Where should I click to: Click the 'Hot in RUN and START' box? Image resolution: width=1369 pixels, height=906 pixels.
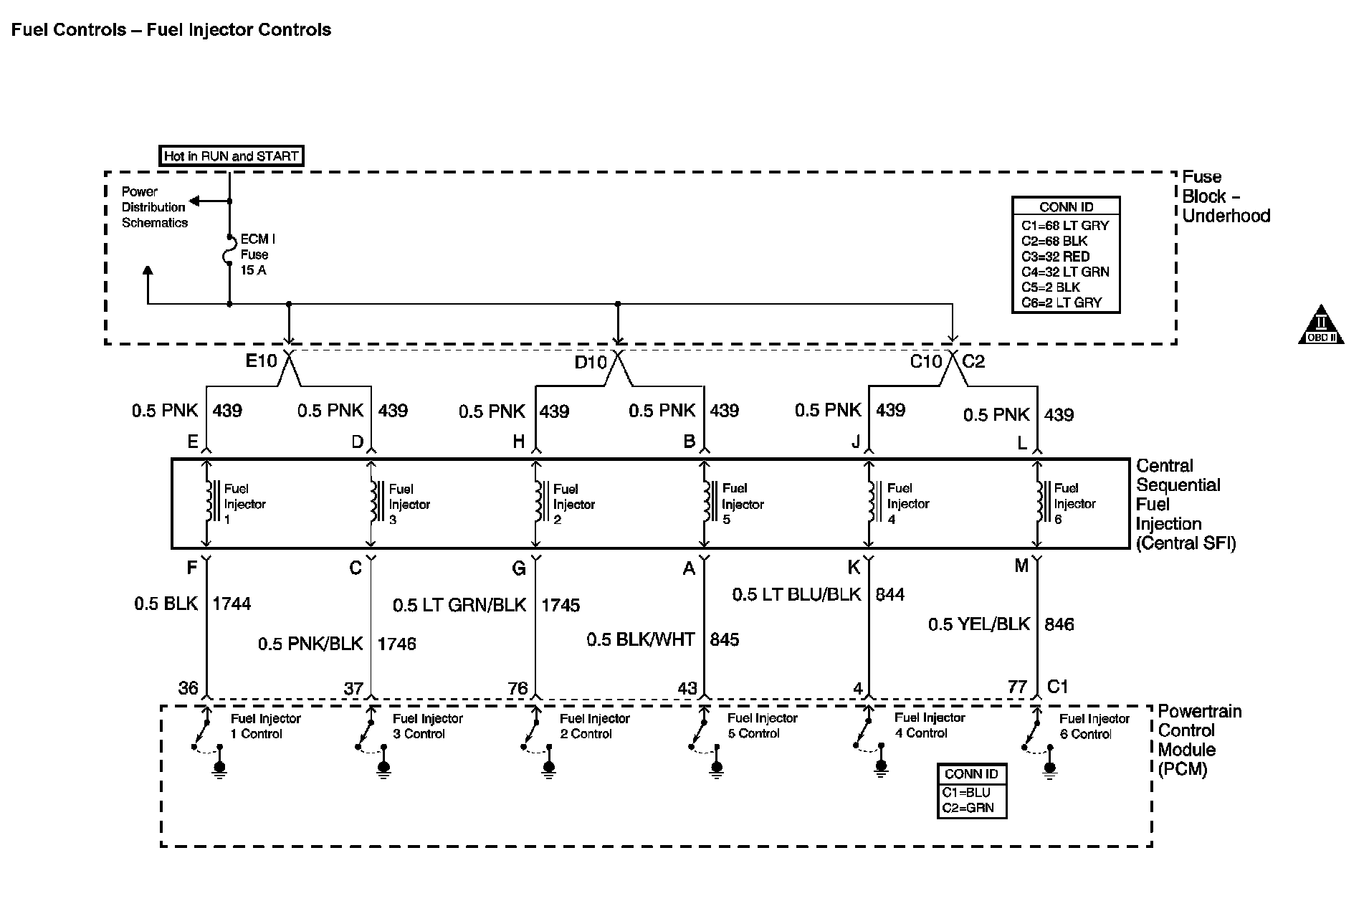coord(231,156)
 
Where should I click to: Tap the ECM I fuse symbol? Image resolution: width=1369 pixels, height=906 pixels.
coord(229,253)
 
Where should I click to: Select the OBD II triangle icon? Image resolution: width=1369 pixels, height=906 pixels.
coord(1320,326)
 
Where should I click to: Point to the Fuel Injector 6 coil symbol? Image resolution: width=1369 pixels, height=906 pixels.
coord(1041,501)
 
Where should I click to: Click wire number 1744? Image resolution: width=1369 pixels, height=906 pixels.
coord(232,604)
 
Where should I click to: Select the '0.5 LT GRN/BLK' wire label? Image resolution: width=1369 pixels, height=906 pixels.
coord(459,605)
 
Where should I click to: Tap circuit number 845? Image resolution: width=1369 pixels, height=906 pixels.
coord(724,639)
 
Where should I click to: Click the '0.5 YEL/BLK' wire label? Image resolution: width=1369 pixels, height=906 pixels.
coord(978,624)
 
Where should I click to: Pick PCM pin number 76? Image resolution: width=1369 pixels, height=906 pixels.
coord(517,688)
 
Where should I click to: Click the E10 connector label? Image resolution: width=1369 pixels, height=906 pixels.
coord(261,361)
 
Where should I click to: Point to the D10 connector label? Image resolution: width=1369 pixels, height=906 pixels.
coord(591,362)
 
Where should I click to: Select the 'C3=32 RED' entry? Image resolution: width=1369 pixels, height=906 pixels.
coord(1055,257)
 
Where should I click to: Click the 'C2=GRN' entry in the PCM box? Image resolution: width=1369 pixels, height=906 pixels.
coord(968,808)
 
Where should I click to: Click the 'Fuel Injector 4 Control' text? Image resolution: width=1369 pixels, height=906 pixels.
coord(930,725)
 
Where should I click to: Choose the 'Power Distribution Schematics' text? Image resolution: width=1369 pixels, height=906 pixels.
coord(153,207)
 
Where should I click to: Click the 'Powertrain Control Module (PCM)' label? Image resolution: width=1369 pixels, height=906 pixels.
coord(1198,740)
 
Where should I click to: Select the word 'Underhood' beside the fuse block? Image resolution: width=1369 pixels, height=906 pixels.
coord(1226,216)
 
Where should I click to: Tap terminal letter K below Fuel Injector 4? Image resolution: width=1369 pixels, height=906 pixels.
coord(854,568)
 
